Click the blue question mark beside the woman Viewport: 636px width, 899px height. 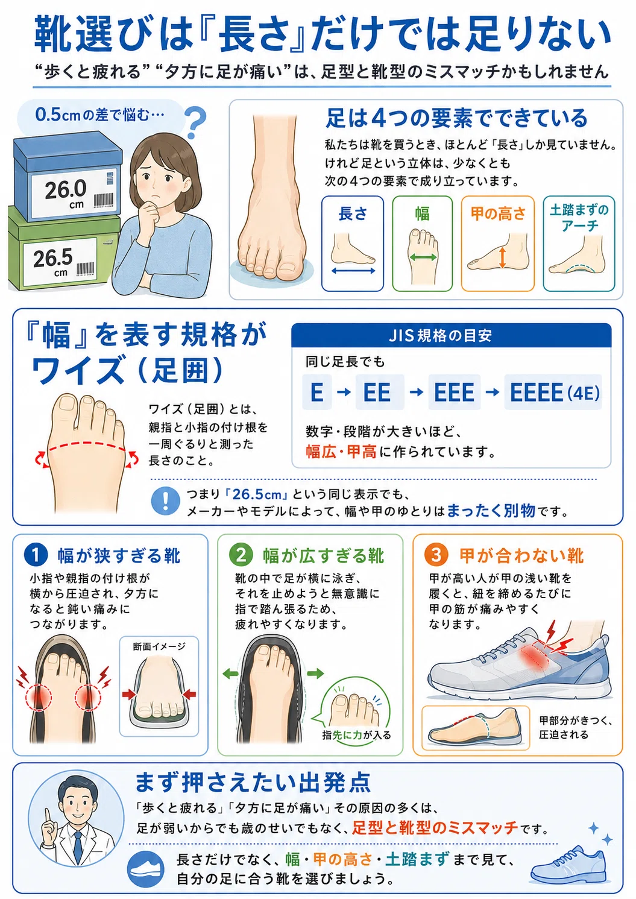tap(196, 122)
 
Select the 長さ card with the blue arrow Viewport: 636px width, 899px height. tap(352, 244)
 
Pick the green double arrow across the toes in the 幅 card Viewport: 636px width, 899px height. tap(423, 257)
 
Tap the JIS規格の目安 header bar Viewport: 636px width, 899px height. tap(451, 335)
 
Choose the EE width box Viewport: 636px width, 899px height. tap(380, 392)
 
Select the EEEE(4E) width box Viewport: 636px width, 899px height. tap(553, 392)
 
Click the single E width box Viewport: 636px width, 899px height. tap(317, 392)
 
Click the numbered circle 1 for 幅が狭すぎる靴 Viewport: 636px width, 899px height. tap(36, 555)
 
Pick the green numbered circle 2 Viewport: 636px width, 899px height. tap(241, 555)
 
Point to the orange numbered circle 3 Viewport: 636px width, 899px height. tap(436, 555)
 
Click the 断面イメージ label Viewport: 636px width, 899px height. tap(159, 646)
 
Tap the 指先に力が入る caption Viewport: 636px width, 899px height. tap(356, 735)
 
